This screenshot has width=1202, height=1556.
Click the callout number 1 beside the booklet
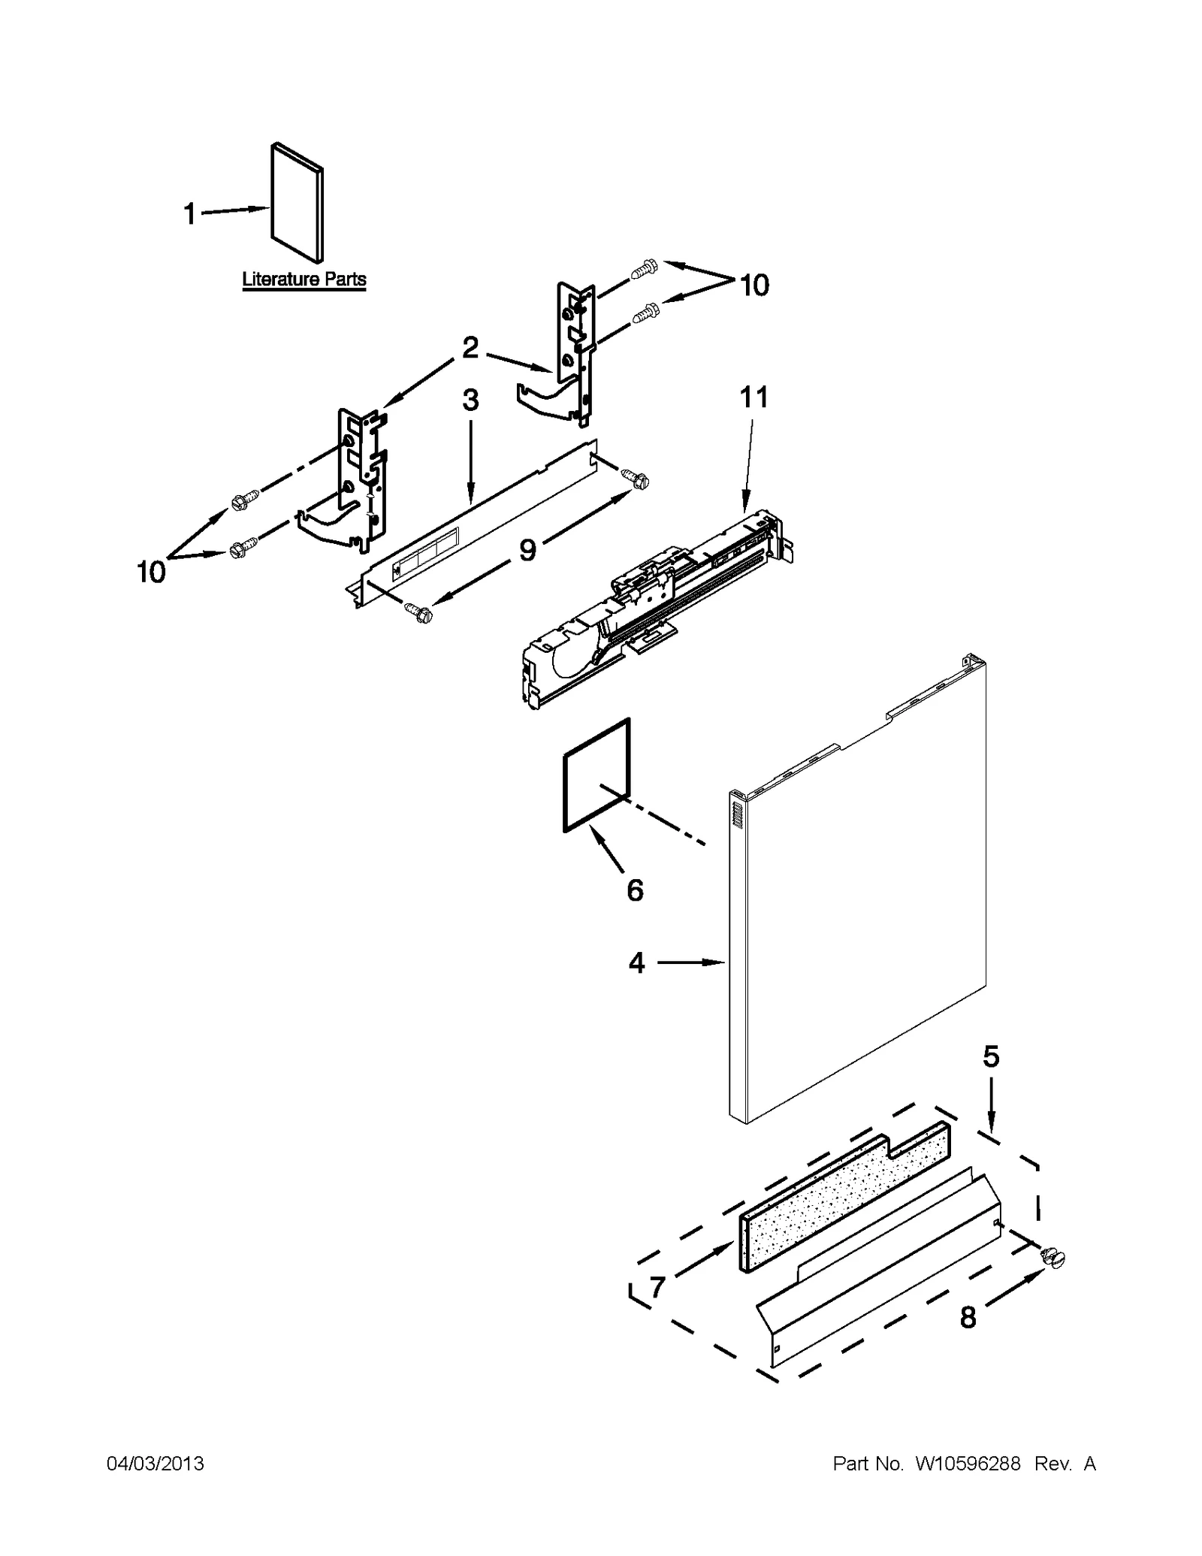tap(189, 214)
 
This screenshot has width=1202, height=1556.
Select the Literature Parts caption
tap(304, 279)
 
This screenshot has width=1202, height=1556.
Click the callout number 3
tap(470, 400)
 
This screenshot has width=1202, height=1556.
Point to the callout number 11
tap(754, 397)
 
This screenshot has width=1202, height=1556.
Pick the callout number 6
tap(635, 890)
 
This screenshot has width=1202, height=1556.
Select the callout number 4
tap(636, 962)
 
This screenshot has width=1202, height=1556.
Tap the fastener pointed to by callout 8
tap(1053, 1258)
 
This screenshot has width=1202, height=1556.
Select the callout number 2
tap(470, 347)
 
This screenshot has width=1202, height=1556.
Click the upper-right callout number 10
tap(754, 286)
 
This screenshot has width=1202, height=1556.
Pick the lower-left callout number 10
tap(151, 572)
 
